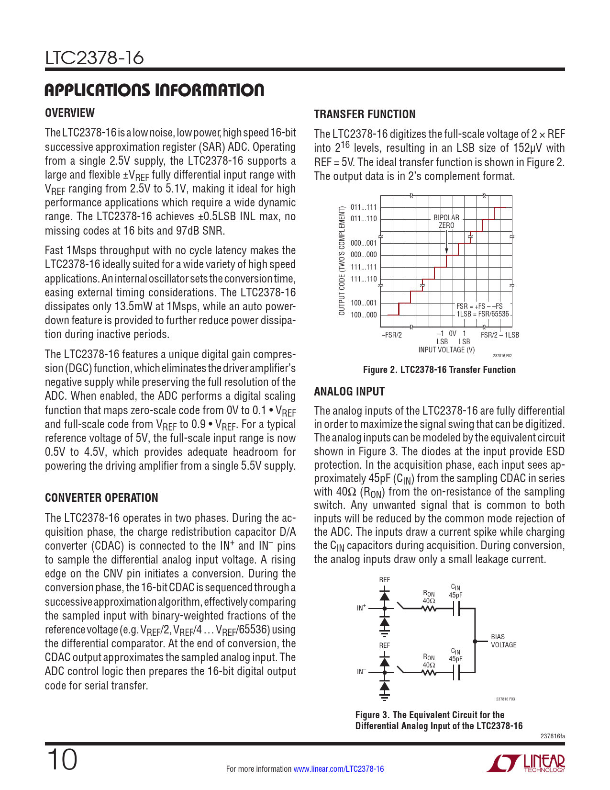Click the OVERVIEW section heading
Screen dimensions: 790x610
coord(70,113)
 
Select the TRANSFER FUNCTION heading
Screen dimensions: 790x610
coord(365,114)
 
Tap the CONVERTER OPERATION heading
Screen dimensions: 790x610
coord(101,498)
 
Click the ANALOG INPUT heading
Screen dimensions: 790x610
coord(349,392)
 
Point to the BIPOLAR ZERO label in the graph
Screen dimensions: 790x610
coord(446,221)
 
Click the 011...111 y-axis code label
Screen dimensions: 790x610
coord(364,207)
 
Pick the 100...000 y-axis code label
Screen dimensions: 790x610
coord(364,315)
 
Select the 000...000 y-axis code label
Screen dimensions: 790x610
coord(364,255)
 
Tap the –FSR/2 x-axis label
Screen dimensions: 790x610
coord(391,335)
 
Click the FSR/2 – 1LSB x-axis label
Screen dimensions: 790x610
coord(499,335)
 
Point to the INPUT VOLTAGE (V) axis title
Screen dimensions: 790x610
coord(446,350)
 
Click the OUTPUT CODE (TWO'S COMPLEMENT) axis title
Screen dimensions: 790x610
coord(342,261)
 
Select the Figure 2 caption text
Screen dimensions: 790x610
coord(439,370)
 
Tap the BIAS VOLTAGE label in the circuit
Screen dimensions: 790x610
coord(503,641)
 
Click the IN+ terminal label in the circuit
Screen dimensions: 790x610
coord(361,608)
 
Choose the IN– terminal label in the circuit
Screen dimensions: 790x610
coord(361,672)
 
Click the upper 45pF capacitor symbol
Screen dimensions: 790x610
coord(456,609)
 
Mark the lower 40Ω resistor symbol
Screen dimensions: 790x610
coord(429,673)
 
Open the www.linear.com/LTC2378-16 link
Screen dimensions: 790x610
coord(338,769)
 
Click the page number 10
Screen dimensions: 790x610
coord(62,760)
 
